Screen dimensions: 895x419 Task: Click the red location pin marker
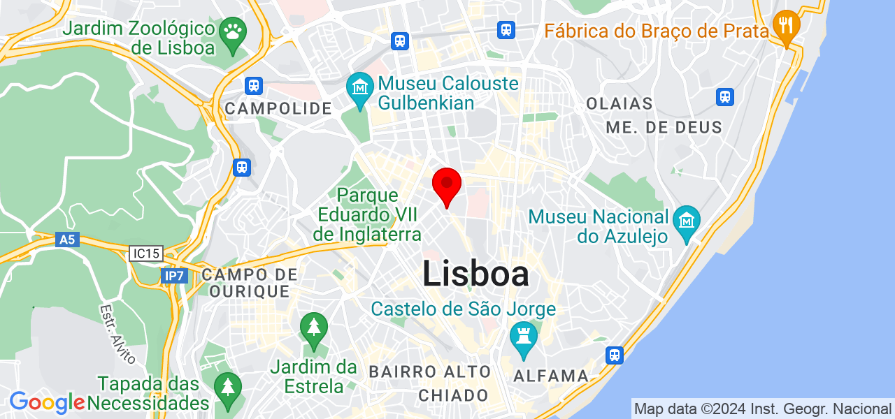pyautogui.click(x=447, y=186)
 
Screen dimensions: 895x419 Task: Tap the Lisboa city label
pyautogui.click(x=475, y=274)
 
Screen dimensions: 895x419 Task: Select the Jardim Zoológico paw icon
pyautogui.click(x=231, y=31)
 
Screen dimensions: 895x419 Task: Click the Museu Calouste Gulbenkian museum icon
pyautogui.click(x=360, y=89)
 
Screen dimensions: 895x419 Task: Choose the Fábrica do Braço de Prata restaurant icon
pyautogui.click(x=787, y=26)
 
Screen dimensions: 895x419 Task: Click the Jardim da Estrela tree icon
pyautogui.click(x=314, y=328)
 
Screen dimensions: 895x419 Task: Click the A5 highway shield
pyautogui.click(x=67, y=240)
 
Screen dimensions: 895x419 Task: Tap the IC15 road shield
pyautogui.click(x=145, y=253)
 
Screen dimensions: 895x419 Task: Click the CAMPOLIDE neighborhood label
pyautogui.click(x=278, y=108)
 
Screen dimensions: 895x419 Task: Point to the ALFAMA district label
pyautogui.click(x=551, y=376)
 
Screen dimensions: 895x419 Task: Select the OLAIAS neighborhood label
pyautogui.click(x=620, y=104)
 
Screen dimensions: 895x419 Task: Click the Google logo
pyautogui.click(x=47, y=402)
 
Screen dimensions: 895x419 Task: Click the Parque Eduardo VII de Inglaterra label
pyautogui.click(x=367, y=215)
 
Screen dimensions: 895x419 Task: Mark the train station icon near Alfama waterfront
pyautogui.click(x=615, y=355)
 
